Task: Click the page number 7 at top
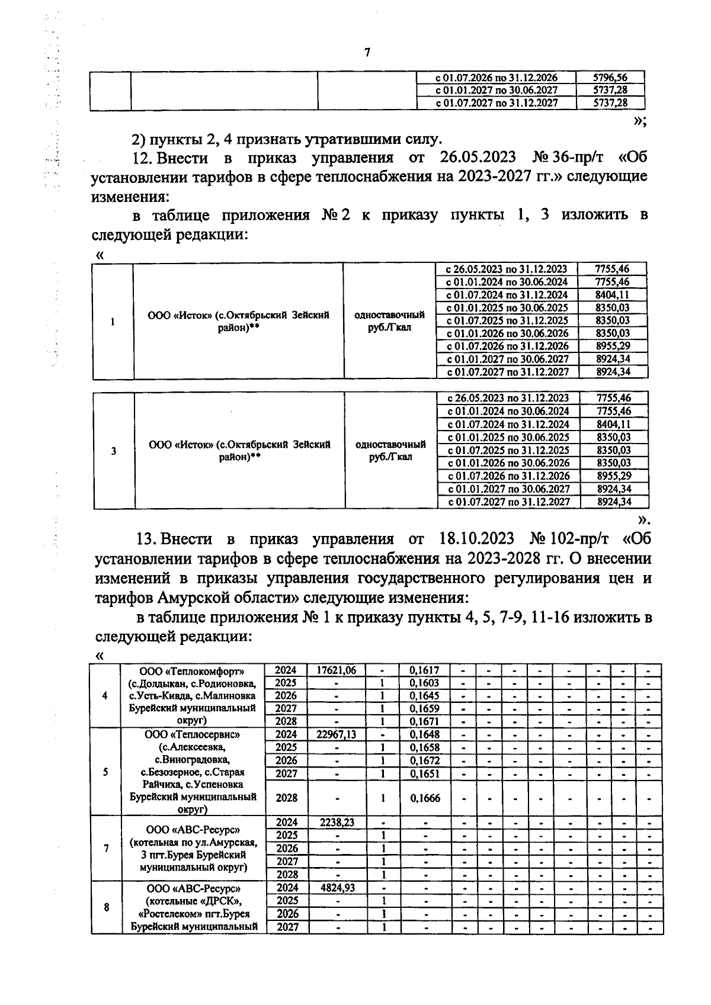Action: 367,53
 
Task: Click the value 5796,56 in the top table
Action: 610,78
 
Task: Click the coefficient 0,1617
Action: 424,670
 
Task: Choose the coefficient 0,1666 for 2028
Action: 424,798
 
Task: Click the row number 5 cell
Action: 105,772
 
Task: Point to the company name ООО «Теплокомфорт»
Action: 192,671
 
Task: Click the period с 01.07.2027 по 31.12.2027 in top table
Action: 497,103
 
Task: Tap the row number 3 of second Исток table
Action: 114,451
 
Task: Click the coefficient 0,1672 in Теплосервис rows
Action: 424,760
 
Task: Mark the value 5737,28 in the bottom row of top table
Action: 610,103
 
